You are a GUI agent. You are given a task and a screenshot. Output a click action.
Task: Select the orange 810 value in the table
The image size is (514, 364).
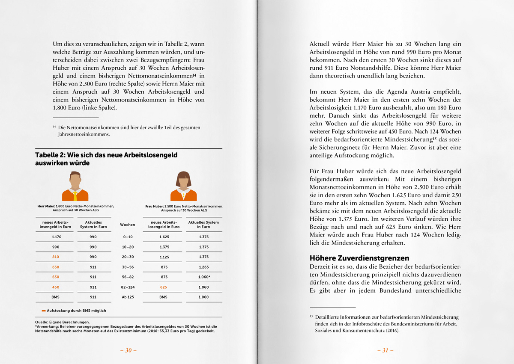click(56, 257)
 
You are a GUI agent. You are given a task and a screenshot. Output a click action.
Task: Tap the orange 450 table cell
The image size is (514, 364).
click(56, 287)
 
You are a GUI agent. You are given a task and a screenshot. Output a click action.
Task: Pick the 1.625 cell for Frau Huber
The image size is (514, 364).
click(163, 237)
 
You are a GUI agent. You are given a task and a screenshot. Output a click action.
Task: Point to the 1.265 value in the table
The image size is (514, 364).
click(204, 267)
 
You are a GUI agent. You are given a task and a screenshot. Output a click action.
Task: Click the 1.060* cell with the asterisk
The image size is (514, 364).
click(204, 277)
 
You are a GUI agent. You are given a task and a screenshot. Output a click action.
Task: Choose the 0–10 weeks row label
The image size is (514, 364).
click(128, 237)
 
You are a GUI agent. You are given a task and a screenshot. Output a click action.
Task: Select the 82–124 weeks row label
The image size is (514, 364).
click(128, 287)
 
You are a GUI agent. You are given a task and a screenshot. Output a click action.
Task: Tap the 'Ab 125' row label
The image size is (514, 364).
click(128, 297)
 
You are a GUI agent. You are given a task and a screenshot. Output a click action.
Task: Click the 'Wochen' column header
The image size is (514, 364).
click(128, 225)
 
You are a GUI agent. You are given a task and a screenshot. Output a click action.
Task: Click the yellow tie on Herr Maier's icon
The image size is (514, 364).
click(75, 195)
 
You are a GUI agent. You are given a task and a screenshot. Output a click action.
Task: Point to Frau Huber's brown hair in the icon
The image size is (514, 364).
click(183, 175)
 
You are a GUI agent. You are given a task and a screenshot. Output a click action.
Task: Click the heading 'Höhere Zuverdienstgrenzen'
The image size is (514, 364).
click(359, 258)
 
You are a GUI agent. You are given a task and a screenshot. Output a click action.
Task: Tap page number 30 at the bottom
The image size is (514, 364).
click(128, 350)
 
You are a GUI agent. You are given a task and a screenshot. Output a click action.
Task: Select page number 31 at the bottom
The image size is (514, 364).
click(385, 350)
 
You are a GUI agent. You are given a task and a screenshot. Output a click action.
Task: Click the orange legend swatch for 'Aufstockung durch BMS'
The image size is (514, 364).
click(44, 311)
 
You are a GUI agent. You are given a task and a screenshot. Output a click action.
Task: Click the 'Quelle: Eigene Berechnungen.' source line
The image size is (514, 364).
click(62, 322)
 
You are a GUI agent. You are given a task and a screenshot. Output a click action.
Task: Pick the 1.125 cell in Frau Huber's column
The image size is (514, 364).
click(163, 257)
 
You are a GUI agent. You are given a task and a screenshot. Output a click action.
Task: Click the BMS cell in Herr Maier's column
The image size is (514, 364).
click(56, 297)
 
